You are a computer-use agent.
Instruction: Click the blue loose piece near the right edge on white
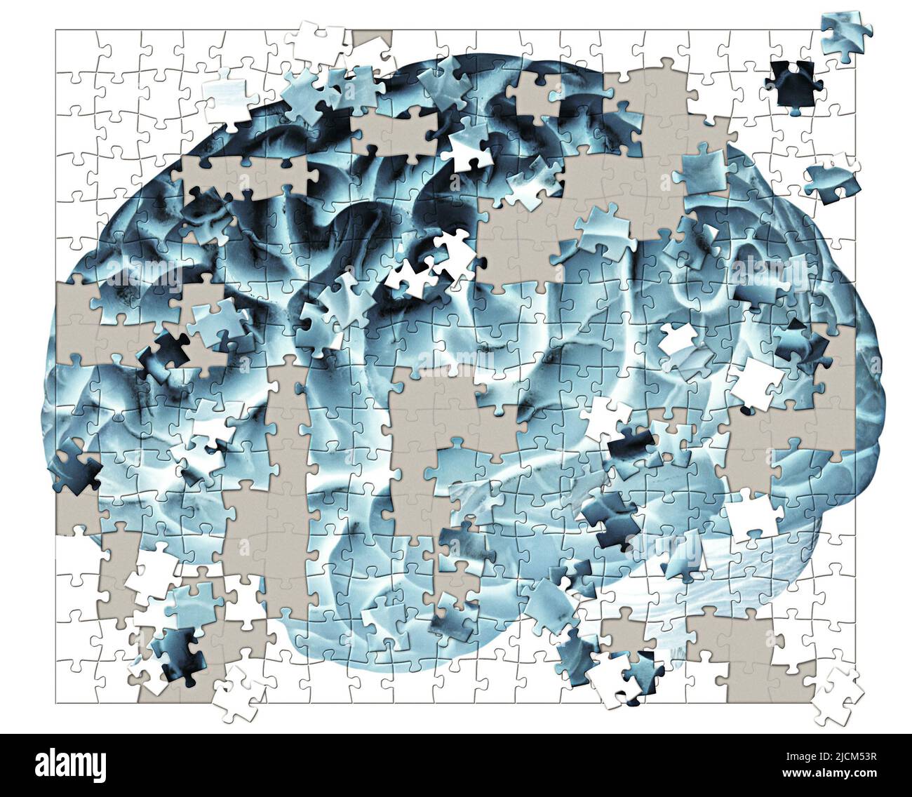point(833,179)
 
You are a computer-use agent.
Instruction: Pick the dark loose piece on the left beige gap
point(166,354)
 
